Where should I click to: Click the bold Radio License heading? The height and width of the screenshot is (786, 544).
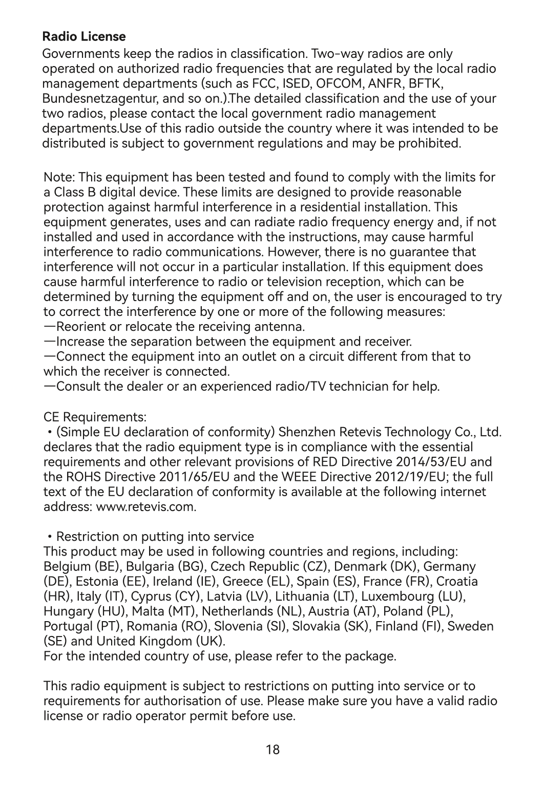83,36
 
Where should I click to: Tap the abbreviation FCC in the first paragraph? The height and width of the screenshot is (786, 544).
264,83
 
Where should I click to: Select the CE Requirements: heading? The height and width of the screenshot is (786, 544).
95,415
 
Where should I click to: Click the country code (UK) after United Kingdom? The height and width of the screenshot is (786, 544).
210,641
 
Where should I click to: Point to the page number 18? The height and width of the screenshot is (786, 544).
273,750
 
